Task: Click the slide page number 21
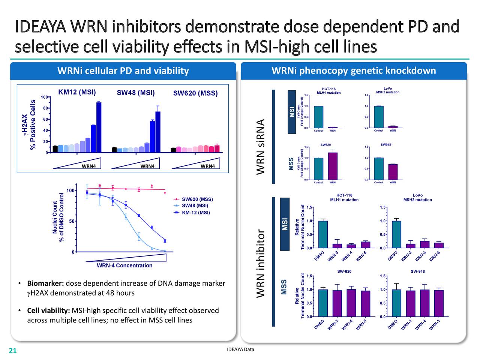pos(13,351)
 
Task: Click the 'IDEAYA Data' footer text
pos(240,349)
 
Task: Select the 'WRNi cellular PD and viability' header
pos(123,71)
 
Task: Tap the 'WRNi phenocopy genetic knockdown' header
pos(353,71)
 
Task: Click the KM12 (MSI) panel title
pos(77,92)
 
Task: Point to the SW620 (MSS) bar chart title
pos(195,93)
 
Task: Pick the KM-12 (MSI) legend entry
pos(196,213)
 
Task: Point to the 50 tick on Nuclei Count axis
pos(70,221)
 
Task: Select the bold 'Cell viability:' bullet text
pos(48,310)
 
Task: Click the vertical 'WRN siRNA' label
pos(261,147)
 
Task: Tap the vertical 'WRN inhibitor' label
pos(261,264)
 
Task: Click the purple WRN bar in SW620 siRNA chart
pos(333,166)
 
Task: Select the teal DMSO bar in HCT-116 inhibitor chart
pos(323,234)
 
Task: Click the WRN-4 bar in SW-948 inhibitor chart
pos(425,303)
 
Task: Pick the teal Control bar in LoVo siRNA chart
pos(379,117)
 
